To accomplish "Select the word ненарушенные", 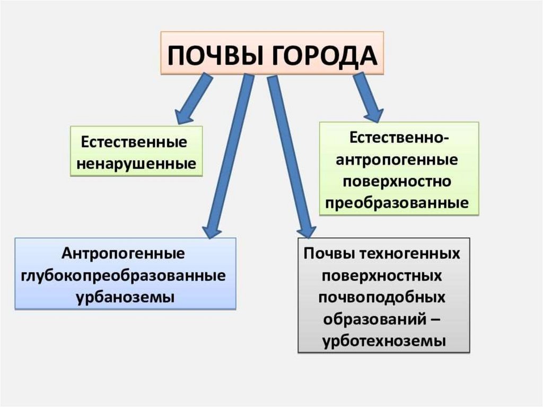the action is click(x=136, y=163).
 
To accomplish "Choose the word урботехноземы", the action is click(x=383, y=341).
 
